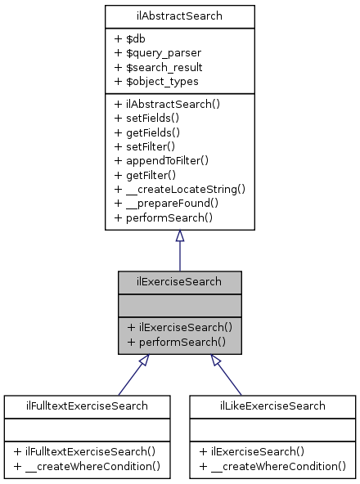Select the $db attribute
pyautogui.click(x=131, y=38)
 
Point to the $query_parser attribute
pyautogui.click(x=158, y=52)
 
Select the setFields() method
pyautogui.click(x=150, y=119)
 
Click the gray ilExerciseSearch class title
pyautogui.click(x=179, y=282)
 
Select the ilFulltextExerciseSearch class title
pyautogui.click(x=88, y=406)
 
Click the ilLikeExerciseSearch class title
pyautogui.click(x=272, y=406)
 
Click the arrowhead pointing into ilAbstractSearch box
pyautogui.click(x=179, y=235)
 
